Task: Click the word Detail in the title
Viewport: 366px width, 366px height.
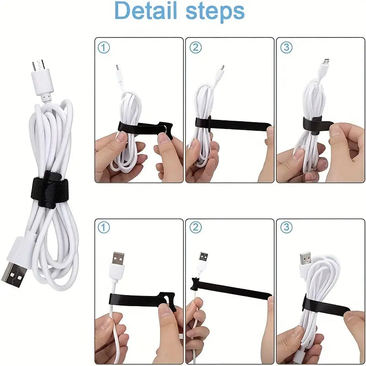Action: coord(146,11)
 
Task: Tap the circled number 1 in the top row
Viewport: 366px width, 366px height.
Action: coord(104,48)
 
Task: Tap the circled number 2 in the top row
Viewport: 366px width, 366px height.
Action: coord(195,48)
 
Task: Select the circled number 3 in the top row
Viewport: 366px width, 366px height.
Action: coord(286,48)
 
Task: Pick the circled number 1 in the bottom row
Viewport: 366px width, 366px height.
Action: coord(104,227)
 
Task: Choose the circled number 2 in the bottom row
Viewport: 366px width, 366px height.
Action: coord(195,227)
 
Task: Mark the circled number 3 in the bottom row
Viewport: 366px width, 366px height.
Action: coord(286,227)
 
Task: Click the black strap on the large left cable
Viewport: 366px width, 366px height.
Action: coord(49,189)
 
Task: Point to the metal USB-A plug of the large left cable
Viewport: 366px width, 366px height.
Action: coord(15,273)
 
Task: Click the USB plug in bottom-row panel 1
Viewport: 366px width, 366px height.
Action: coord(118,261)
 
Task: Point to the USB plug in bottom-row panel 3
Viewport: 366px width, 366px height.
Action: coord(306,259)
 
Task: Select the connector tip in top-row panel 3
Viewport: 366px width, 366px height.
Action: coord(325,61)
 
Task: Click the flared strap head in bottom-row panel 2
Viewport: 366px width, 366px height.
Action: coord(195,284)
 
